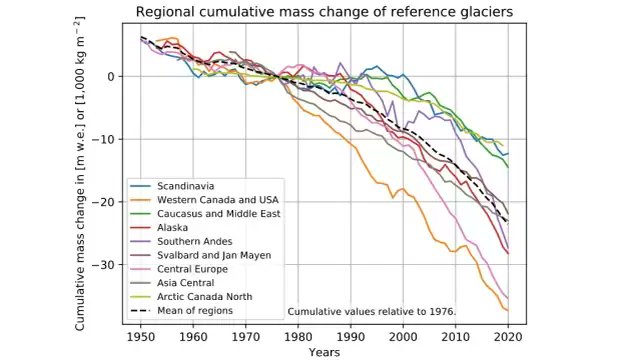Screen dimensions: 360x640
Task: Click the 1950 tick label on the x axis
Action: point(141,337)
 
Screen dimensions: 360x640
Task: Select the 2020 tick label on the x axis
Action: point(508,337)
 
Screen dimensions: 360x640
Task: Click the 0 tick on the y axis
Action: point(118,76)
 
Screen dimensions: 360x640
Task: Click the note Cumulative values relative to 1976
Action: point(372,312)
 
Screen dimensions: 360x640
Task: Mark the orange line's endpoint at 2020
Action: point(508,310)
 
